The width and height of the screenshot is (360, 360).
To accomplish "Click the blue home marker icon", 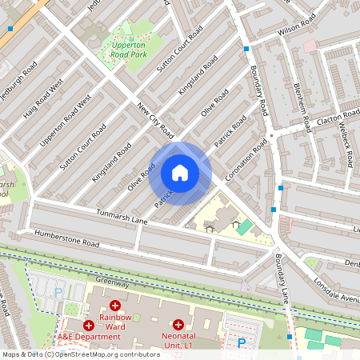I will click(x=180, y=173).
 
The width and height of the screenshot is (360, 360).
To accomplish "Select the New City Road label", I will click(x=156, y=119).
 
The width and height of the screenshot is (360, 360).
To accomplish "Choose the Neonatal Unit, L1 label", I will click(x=178, y=339).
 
